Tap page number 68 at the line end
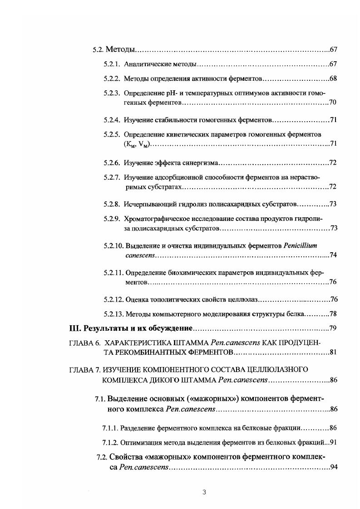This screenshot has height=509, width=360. click(x=332, y=78)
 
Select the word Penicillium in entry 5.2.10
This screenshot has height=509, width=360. click(x=300, y=245)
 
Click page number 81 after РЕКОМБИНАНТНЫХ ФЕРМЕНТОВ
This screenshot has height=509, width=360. click(x=332, y=352)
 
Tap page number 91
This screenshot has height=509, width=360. click(x=332, y=441)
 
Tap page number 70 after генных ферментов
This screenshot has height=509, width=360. click(x=332, y=103)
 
